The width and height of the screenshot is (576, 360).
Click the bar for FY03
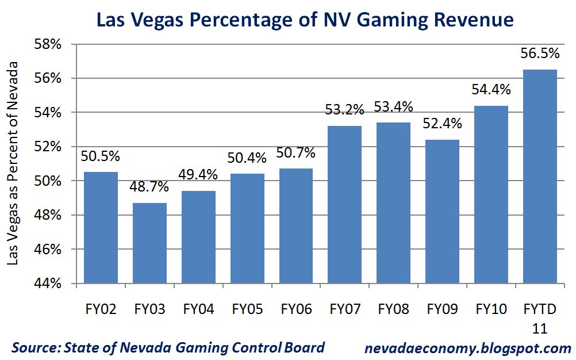(149, 243)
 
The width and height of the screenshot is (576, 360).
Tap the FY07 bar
(345, 204)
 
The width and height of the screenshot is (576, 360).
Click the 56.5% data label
(540, 53)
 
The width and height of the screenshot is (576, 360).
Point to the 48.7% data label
(149, 187)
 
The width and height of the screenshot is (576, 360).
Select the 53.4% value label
(394, 106)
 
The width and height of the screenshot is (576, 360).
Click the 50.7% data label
(296, 153)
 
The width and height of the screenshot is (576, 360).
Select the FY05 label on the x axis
(247, 309)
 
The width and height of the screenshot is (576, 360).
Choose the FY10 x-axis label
(491, 309)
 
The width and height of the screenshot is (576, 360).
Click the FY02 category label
(101, 309)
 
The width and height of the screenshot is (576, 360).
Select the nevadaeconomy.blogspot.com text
(468, 348)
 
